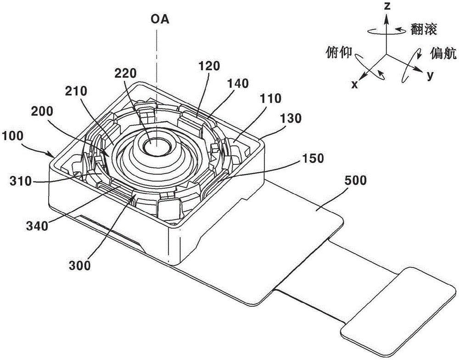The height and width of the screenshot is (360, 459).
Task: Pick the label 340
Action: [37, 226]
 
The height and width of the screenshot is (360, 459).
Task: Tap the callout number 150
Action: [313, 158]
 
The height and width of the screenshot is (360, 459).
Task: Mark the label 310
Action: [21, 181]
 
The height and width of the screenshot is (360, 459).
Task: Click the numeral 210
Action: [76, 91]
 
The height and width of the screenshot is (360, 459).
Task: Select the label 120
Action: [209, 66]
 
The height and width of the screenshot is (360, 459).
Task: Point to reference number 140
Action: [238, 84]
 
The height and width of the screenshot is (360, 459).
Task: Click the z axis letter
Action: [387, 6]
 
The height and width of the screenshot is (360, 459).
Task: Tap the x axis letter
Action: [354, 84]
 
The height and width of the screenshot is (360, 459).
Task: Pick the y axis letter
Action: [430, 75]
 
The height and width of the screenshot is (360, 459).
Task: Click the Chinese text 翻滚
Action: [424, 29]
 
